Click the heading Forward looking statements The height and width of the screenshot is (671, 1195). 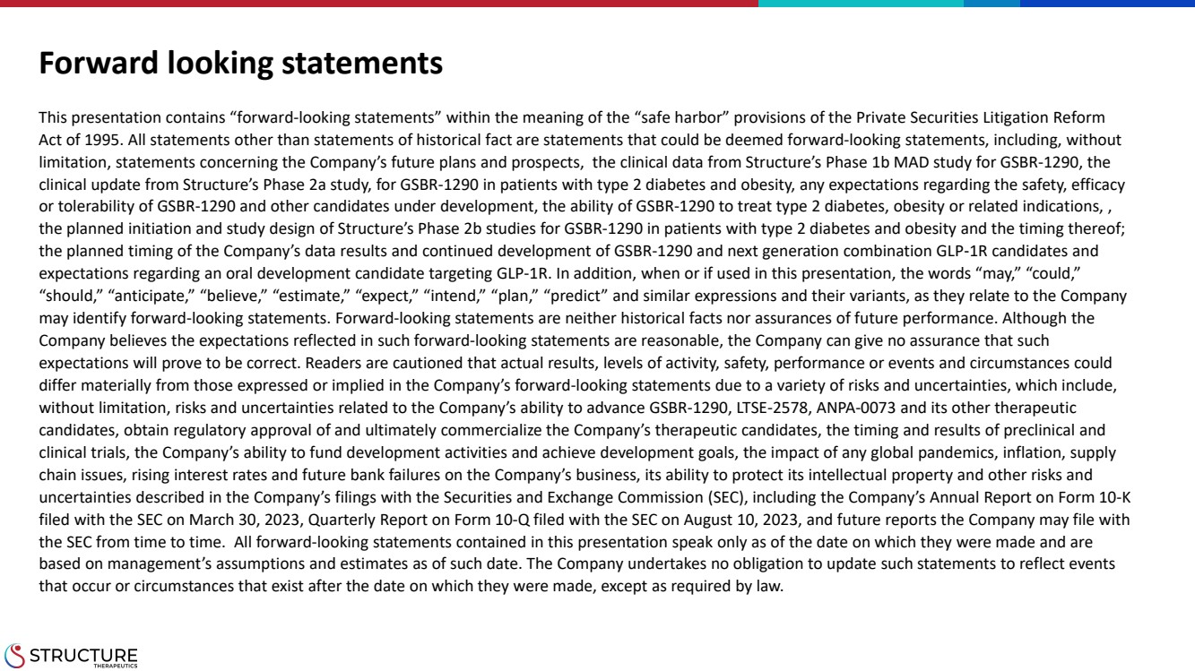point(241,63)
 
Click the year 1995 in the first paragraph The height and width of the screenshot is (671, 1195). point(95,140)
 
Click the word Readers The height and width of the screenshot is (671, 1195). point(331,363)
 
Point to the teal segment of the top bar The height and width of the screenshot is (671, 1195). point(861,4)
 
